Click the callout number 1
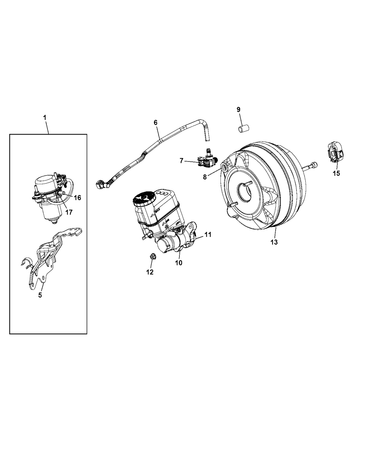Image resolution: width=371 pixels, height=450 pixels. (x=45, y=118)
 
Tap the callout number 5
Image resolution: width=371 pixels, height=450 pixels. (x=40, y=295)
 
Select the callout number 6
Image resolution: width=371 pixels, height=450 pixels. (x=155, y=122)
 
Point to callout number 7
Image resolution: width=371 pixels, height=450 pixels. (x=181, y=161)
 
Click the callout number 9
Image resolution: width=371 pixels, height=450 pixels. (x=238, y=109)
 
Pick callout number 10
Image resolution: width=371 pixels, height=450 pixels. (x=179, y=263)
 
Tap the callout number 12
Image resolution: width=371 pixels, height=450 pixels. (x=150, y=272)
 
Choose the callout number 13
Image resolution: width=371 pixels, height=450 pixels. (x=274, y=242)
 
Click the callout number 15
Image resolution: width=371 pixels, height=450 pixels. (x=336, y=173)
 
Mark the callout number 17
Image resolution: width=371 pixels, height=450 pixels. (x=69, y=212)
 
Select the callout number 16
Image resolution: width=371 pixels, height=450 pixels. (x=77, y=198)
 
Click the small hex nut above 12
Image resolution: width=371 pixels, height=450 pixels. (x=153, y=256)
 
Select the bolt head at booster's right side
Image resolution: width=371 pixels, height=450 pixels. (x=314, y=165)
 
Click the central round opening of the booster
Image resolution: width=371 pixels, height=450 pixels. (x=245, y=191)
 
